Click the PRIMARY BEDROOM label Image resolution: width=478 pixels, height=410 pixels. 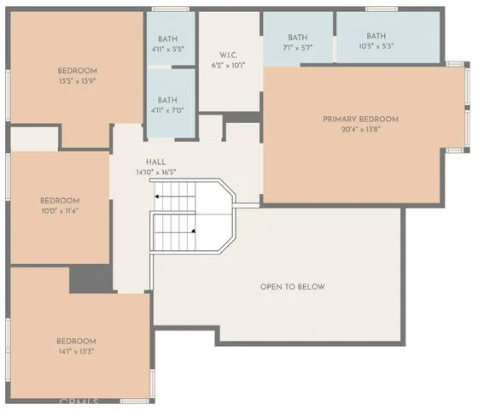pos(360,119)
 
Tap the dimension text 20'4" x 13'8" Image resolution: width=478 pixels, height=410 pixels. pos(360,129)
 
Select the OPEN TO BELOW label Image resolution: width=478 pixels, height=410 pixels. pos(292,286)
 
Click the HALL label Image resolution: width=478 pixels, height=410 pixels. pos(155,161)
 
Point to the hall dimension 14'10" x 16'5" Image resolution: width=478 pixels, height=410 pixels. pos(155,172)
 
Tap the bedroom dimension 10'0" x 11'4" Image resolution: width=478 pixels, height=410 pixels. pos(60,212)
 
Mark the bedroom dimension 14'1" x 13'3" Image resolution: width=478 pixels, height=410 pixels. pos(77,351)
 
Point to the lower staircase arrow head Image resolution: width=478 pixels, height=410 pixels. pos(194,230)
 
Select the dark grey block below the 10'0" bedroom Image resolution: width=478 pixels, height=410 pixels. pos(90,279)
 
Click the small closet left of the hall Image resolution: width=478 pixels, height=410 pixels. pos(34,139)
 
